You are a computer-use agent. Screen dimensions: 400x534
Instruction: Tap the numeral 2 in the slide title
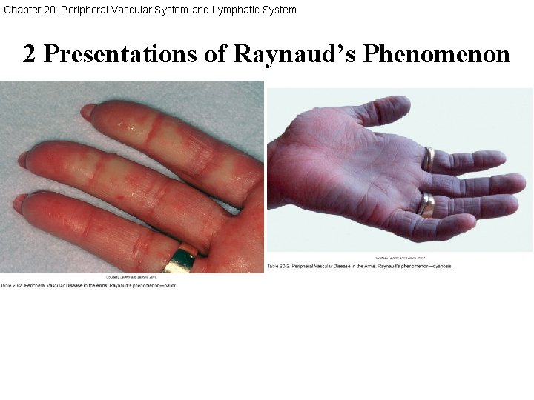click(29, 54)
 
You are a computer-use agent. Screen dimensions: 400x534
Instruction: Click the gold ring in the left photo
click(181, 259)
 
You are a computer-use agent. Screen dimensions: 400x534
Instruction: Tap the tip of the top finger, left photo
click(88, 112)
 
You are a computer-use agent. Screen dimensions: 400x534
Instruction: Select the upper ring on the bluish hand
click(428, 159)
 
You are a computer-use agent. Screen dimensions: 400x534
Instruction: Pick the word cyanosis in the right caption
click(439, 265)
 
